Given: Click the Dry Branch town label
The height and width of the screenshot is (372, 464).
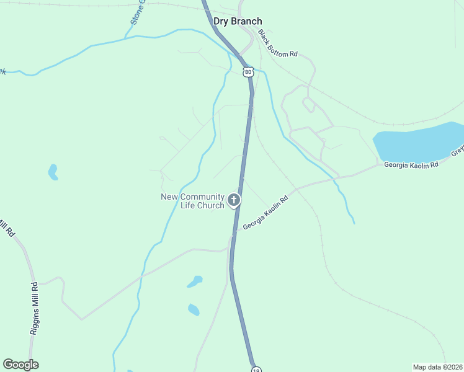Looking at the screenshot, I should pyautogui.click(x=238, y=21).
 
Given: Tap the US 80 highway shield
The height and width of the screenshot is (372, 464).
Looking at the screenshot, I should pyautogui.click(x=248, y=73).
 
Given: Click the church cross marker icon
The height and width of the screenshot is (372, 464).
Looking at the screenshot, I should pyautogui.click(x=234, y=200).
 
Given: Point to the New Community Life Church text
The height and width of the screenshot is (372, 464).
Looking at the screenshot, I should pyautogui.click(x=192, y=201).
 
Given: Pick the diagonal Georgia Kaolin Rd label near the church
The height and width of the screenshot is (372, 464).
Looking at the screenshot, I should pyautogui.click(x=266, y=214).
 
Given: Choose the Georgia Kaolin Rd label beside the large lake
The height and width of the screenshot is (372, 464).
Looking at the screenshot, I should pyautogui.click(x=411, y=165).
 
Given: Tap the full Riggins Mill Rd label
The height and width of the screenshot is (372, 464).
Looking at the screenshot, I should pyautogui.click(x=35, y=309).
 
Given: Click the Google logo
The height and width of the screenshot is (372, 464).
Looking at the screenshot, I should pyautogui.click(x=20, y=365).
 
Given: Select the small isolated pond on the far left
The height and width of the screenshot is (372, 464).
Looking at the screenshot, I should pyautogui.click(x=53, y=172).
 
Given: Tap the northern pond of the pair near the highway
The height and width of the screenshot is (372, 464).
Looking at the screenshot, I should pyautogui.click(x=195, y=281).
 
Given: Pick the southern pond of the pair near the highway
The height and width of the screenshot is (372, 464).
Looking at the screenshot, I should pyautogui.click(x=194, y=309).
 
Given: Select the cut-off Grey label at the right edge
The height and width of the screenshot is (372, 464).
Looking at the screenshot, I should pyautogui.click(x=457, y=151).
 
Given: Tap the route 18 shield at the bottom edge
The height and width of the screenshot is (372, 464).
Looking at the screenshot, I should pyautogui.click(x=256, y=370).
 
